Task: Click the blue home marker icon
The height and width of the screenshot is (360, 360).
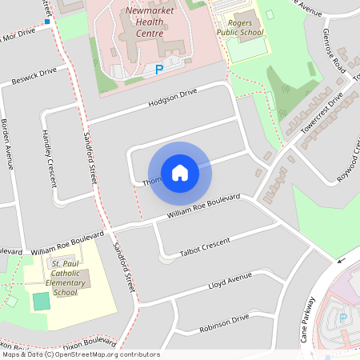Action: coord(180,172)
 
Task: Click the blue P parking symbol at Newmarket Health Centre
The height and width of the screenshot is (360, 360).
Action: coord(158,70)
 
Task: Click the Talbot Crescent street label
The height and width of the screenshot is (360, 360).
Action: coord(206,246)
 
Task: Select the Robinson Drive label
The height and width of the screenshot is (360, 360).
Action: coord(226,322)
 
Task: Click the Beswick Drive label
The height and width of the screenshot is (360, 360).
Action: coord(34,77)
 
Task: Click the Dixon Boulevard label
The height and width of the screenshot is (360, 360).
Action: coord(94,342)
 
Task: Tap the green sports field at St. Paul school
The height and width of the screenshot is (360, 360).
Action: coord(41,302)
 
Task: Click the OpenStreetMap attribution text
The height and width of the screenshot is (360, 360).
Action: coord(80,354)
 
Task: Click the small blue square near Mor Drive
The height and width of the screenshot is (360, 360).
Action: coord(49,22)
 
